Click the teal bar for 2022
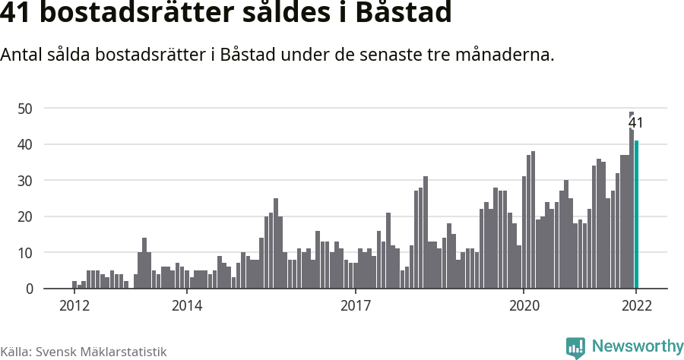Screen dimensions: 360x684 pos(637,215)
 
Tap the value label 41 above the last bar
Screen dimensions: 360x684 pos(636,123)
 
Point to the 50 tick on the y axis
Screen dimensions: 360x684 pos(25,109)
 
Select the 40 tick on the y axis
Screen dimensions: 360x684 pos(25,144)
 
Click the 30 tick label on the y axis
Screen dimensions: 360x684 pos(25,181)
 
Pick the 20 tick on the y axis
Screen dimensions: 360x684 pos(25,216)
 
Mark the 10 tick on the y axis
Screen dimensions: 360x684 pos(25,253)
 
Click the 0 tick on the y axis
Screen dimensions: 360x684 pos(29,289)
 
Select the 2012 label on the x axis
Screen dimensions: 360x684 pos(74,306)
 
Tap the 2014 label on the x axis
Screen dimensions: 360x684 pos(187,306)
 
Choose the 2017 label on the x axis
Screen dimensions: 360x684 pos(355,306)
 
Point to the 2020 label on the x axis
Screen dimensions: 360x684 pos(524,306)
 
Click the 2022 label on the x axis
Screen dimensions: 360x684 pos(636,306)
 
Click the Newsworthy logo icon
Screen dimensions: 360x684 pos(575,348)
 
